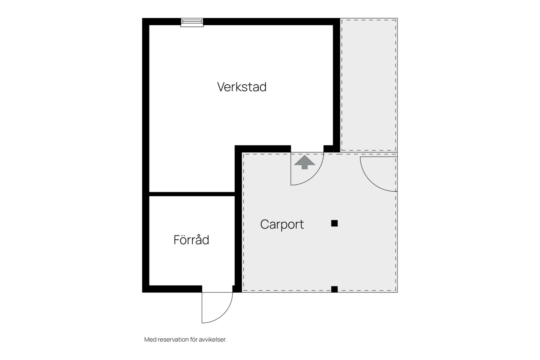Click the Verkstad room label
pyautogui.click(x=242, y=87)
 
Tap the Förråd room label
pyautogui.click(x=191, y=240)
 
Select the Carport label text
pyautogui.click(x=282, y=224)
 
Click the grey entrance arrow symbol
pyautogui.click(x=304, y=162)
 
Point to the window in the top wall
pyautogui.click(x=192, y=22)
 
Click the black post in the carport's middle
pyautogui.click(x=334, y=223)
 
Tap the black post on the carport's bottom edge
pyautogui.click(x=334, y=289)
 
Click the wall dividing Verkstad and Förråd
pyautogui.click(x=192, y=194)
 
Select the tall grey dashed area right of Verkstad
pyautogui.click(x=369, y=84)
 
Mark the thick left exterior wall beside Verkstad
pyautogui.click(x=145, y=101)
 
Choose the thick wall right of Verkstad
pyautogui.click(x=336, y=84)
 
